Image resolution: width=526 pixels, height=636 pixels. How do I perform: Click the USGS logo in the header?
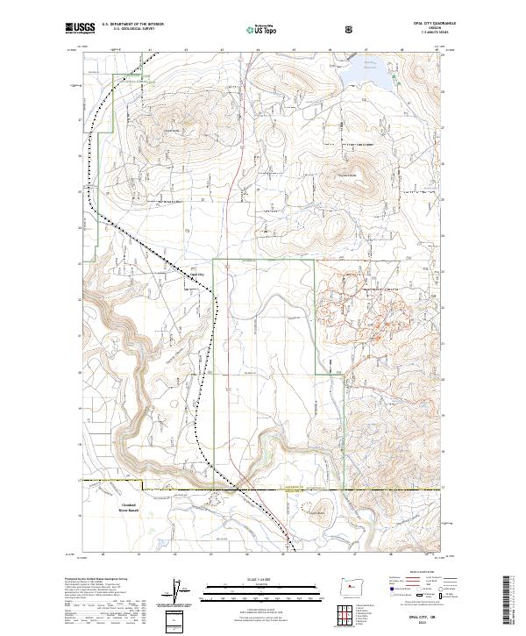pyautogui.click(x=79, y=28)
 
